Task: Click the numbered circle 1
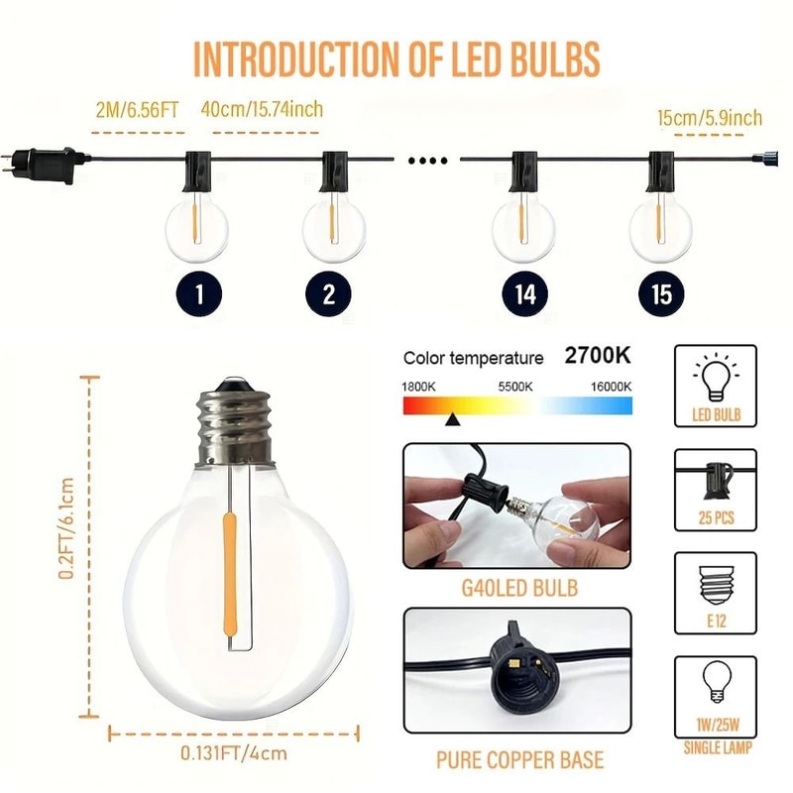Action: pyautogui.click(x=199, y=293)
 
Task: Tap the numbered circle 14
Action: pyautogui.click(x=525, y=293)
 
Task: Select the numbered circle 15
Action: pyautogui.click(x=662, y=293)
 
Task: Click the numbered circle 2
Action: pyautogui.click(x=329, y=293)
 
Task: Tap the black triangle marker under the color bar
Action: pyautogui.click(x=452, y=419)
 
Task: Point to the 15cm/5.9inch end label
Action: pyautogui.click(x=710, y=119)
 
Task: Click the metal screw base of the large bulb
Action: pyautogui.click(x=233, y=426)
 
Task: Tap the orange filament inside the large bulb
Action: pyautogui.click(x=230, y=575)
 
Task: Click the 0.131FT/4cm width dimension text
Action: pyautogui.click(x=234, y=752)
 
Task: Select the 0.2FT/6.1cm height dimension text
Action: pyautogui.click(x=66, y=529)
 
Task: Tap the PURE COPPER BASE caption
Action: pyautogui.click(x=519, y=760)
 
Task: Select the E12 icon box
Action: pyautogui.click(x=715, y=593)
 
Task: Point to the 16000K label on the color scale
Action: pyautogui.click(x=611, y=385)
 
